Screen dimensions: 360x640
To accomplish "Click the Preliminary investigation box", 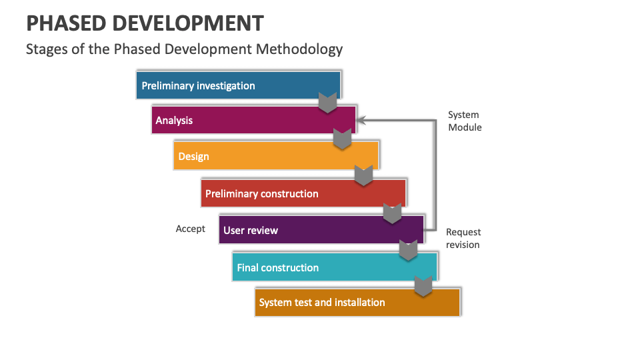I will tap(238, 85).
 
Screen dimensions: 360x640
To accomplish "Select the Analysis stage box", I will tap(253, 121).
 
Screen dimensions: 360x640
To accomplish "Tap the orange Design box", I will tap(275, 157).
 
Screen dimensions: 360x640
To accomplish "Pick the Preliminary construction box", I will tap(303, 194).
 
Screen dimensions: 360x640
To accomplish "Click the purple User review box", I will tap(321, 230).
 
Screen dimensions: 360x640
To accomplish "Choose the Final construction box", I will tap(335, 267).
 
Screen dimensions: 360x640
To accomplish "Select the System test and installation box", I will tap(357, 303).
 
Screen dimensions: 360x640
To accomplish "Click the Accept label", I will tap(191, 229).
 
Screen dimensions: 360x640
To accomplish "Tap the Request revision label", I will tap(463, 238).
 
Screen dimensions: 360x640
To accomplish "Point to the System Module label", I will tap(465, 121).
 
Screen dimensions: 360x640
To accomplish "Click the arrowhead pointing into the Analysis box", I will tap(362, 120).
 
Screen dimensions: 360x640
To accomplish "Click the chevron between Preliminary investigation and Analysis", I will tap(327, 103).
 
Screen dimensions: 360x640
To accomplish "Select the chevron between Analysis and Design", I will tap(342, 139).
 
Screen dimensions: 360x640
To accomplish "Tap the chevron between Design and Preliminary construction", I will tap(363, 175).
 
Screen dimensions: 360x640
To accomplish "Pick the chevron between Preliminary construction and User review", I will tap(393, 213).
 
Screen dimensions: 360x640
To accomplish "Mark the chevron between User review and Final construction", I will tap(408, 249).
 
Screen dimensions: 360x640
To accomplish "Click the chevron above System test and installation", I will tap(423, 286).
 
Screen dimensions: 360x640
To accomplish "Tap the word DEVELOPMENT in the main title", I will tap(187, 24).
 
